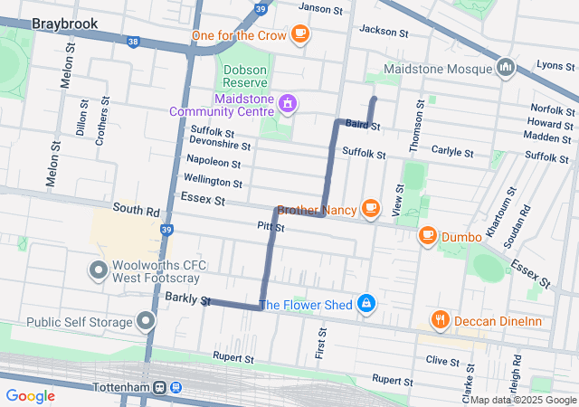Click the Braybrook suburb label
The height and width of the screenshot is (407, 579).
click(64, 24)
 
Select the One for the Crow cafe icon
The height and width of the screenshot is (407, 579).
click(300, 35)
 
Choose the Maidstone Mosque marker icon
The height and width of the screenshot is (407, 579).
click(506, 68)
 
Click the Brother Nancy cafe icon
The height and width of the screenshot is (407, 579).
click(370, 209)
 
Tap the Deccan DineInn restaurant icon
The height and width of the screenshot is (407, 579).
click(440, 319)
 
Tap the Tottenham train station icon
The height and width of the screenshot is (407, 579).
click(167, 387)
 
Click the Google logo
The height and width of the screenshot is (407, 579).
click(31, 395)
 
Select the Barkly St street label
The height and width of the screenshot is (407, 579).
click(187, 299)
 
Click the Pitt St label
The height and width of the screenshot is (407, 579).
click(271, 227)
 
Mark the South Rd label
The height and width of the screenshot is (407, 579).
click(136, 211)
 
